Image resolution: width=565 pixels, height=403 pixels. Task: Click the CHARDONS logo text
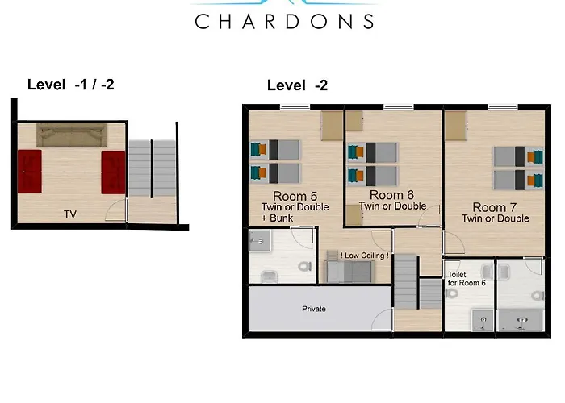pyautogui.click(x=284, y=22)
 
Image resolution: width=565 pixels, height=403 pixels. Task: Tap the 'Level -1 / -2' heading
pyautogui.click(x=71, y=85)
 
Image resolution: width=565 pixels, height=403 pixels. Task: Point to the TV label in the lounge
pyautogui.click(x=70, y=214)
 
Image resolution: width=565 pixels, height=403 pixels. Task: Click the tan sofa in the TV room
pyautogui.click(x=72, y=135)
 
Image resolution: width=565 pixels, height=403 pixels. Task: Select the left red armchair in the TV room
pyautogui.click(x=30, y=172)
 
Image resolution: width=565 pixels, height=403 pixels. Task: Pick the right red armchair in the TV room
pyautogui.click(x=113, y=172)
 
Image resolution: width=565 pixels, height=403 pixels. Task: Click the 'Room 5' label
pyautogui.click(x=295, y=196)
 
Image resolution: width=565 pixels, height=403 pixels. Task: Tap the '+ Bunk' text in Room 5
pyautogui.click(x=277, y=218)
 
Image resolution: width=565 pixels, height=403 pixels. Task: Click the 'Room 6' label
pyautogui.click(x=391, y=195)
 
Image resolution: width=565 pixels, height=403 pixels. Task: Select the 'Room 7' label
pyautogui.click(x=494, y=207)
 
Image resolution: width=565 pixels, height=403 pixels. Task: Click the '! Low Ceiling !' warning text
pyautogui.click(x=364, y=256)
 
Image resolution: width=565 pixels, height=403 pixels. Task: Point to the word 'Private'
pyautogui.click(x=314, y=309)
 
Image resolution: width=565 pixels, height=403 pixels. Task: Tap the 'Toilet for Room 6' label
pyautogui.click(x=467, y=279)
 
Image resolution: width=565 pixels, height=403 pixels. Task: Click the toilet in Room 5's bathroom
pyautogui.click(x=305, y=267)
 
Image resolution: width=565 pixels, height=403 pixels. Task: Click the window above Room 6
pyautogui.click(x=399, y=107)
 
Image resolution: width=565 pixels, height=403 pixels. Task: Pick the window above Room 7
pyautogui.click(x=503, y=107)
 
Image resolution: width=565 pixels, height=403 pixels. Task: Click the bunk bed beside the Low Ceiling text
pyautogui.click(x=350, y=267)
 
